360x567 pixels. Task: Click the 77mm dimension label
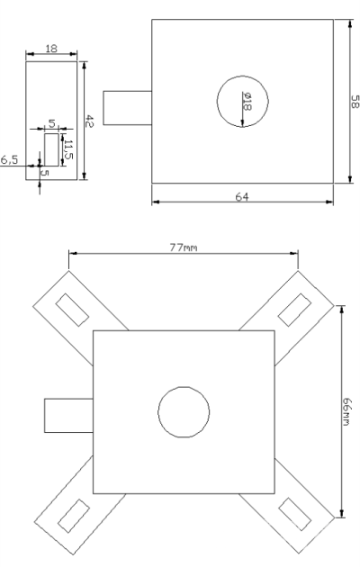coord(184,247)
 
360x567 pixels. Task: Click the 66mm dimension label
coord(346,411)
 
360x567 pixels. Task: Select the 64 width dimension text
coord(242,197)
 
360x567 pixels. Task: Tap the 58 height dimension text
coord(355,102)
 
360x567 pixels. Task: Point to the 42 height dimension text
coord(89,121)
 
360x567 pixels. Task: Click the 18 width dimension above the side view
coord(51,49)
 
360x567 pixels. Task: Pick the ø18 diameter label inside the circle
coord(247,101)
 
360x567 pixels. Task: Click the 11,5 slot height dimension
coord(68,149)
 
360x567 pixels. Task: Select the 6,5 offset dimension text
coord(9,159)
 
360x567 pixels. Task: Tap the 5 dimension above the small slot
coord(51,123)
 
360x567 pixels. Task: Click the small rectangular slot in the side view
coord(51,149)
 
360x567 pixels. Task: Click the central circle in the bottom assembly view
coord(184,412)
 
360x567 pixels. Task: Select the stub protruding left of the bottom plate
coord(68,416)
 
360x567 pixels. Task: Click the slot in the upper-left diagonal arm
coord(72,310)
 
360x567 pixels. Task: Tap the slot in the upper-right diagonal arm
coord(294,310)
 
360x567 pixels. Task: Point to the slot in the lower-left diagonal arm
coord(74,516)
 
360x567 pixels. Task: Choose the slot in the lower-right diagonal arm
coord(294,514)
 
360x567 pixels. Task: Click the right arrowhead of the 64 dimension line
coord(328,202)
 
